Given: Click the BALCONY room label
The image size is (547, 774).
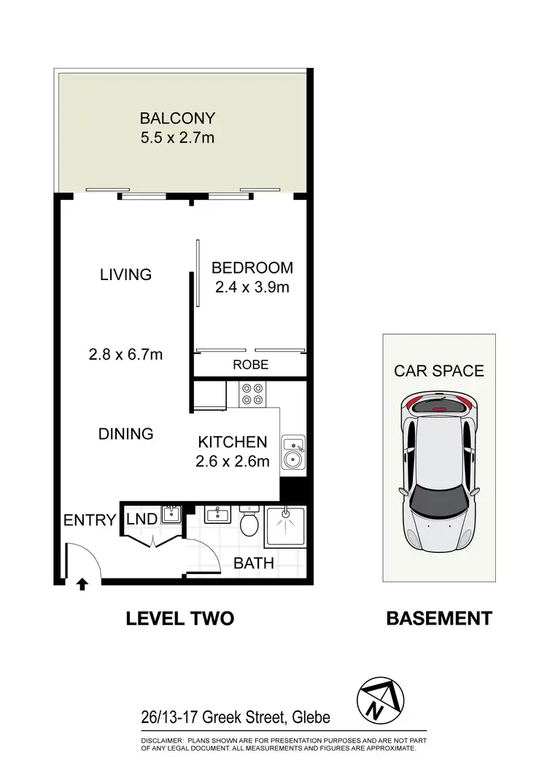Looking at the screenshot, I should click(178, 118).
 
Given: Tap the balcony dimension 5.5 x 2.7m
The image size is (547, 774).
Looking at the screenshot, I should click(178, 137).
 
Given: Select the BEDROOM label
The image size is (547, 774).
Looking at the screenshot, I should click(252, 268).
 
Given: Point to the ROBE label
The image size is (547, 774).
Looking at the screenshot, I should click(250, 365).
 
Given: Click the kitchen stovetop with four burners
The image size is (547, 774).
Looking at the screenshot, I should click(253, 394).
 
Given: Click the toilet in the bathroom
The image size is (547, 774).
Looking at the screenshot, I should click(249, 522).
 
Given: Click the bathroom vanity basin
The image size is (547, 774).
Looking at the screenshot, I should click(217, 515).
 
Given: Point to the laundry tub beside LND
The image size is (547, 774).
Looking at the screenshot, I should click(171, 515).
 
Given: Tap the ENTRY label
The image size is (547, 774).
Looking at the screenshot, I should click(90, 520).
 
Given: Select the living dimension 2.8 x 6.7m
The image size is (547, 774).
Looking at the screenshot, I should click(125, 355).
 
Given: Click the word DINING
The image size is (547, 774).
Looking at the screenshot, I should click(125, 433).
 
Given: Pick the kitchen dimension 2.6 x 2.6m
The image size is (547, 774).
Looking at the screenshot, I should click(233, 460).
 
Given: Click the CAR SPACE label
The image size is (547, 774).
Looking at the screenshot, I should click(439, 371).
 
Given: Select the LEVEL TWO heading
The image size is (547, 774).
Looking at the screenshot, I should click(179, 619).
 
